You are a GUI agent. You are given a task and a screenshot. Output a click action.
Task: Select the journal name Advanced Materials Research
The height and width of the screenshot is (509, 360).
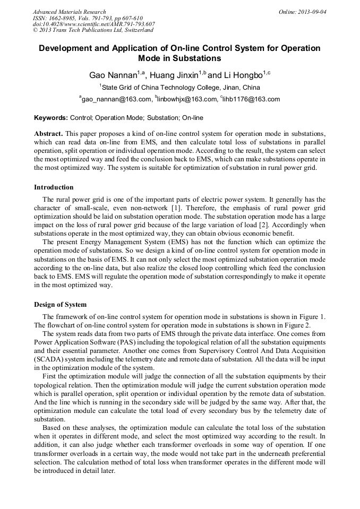click(x=70, y=12)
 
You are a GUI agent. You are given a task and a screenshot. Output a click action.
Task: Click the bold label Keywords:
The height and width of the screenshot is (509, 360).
click(x=51, y=117)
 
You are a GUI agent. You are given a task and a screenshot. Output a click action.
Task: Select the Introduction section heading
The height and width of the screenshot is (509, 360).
click(x=54, y=187)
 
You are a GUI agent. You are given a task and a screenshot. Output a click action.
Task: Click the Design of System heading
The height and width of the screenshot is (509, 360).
click(x=60, y=304)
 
